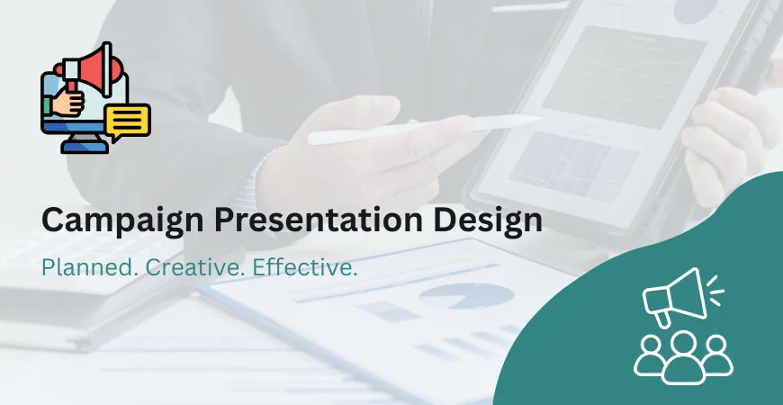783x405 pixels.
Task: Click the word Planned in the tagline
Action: (x=82, y=268)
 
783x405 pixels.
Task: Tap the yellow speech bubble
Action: (x=127, y=121)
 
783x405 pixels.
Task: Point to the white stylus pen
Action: (x=423, y=127)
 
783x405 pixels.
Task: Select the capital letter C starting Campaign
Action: (x=53, y=221)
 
